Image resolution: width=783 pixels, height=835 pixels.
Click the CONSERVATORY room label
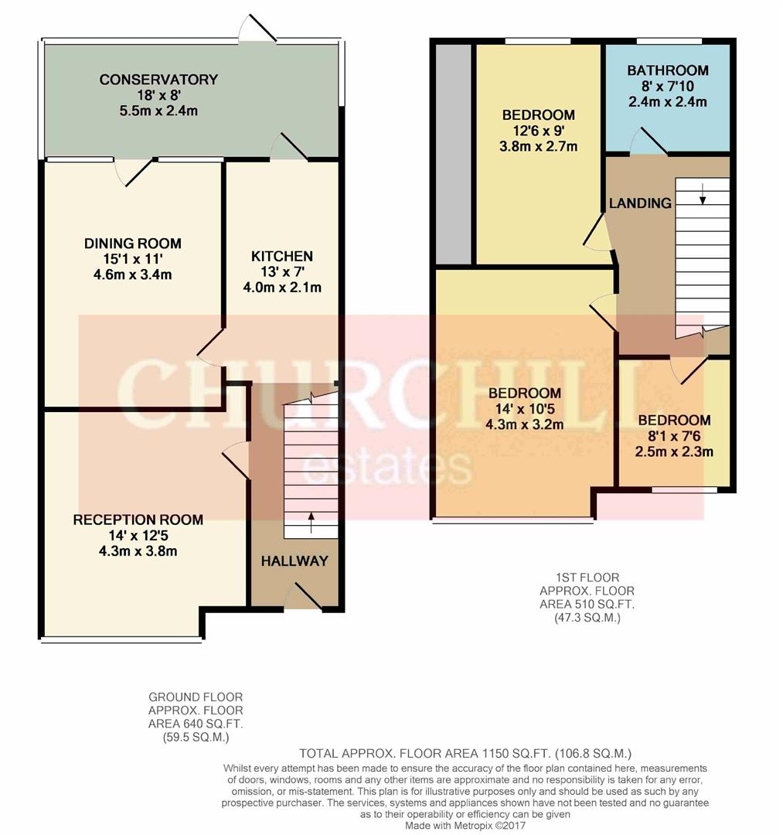(158, 80)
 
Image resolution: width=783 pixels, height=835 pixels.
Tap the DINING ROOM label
(133, 244)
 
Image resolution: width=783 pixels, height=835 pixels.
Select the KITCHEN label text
(281, 256)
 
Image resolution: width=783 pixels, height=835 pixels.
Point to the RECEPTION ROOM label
(138, 520)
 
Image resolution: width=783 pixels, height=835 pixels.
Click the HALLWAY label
(294, 561)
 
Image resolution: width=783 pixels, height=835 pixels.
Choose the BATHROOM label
(668, 70)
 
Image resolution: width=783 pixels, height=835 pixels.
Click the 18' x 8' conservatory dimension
(158, 95)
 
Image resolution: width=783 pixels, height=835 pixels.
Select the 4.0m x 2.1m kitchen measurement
(281, 287)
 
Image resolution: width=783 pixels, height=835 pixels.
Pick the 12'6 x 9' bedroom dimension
(537, 131)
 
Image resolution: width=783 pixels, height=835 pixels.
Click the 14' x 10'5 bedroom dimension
(524, 408)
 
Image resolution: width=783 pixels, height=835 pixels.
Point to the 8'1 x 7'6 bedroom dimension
(674, 437)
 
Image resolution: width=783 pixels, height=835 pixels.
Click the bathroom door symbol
(649, 141)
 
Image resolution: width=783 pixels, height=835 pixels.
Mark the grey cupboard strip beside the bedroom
(453, 155)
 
